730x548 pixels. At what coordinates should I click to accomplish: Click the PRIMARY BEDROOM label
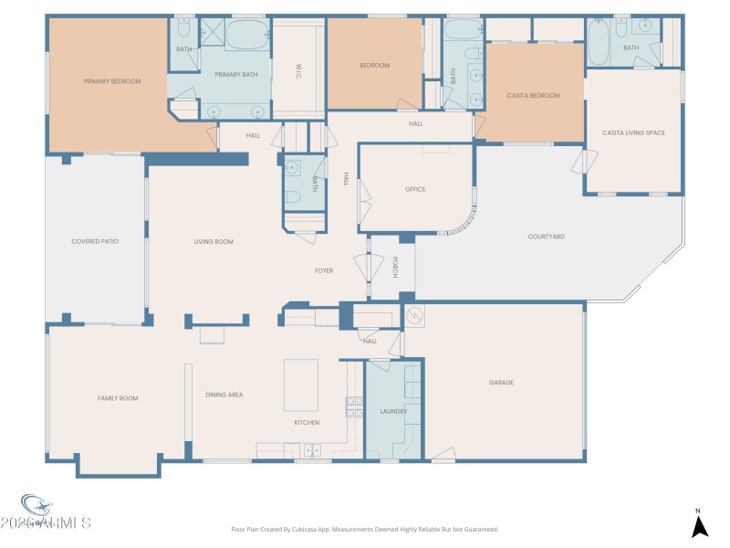pyautogui.click(x=112, y=81)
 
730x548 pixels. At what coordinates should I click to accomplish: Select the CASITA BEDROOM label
pyautogui.click(x=533, y=95)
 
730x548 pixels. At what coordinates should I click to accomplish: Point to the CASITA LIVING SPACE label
pyautogui.click(x=633, y=132)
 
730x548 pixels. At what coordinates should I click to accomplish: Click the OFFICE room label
pyautogui.click(x=415, y=189)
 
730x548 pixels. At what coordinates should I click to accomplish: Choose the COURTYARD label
pyautogui.click(x=546, y=237)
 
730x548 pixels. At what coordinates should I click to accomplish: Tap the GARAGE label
pyautogui.click(x=501, y=383)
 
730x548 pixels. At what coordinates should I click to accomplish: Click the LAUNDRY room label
pyautogui.click(x=393, y=411)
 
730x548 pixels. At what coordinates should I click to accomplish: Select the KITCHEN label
pyautogui.click(x=307, y=423)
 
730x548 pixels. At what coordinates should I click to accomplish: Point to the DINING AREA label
pyautogui.click(x=224, y=395)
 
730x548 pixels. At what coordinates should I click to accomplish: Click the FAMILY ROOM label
pyautogui.click(x=118, y=398)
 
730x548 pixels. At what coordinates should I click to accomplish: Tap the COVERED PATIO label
pyautogui.click(x=95, y=241)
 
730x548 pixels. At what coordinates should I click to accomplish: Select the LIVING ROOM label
pyautogui.click(x=214, y=241)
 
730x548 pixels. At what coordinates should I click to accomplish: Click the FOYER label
pyautogui.click(x=324, y=270)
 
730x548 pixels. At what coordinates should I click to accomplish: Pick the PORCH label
pyautogui.click(x=394, y=267)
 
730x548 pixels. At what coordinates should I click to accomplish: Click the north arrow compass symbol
pyautogui.click(x=699, y=525)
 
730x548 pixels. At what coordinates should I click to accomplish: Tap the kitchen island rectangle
pyautogui.click(x=301, y=385)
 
